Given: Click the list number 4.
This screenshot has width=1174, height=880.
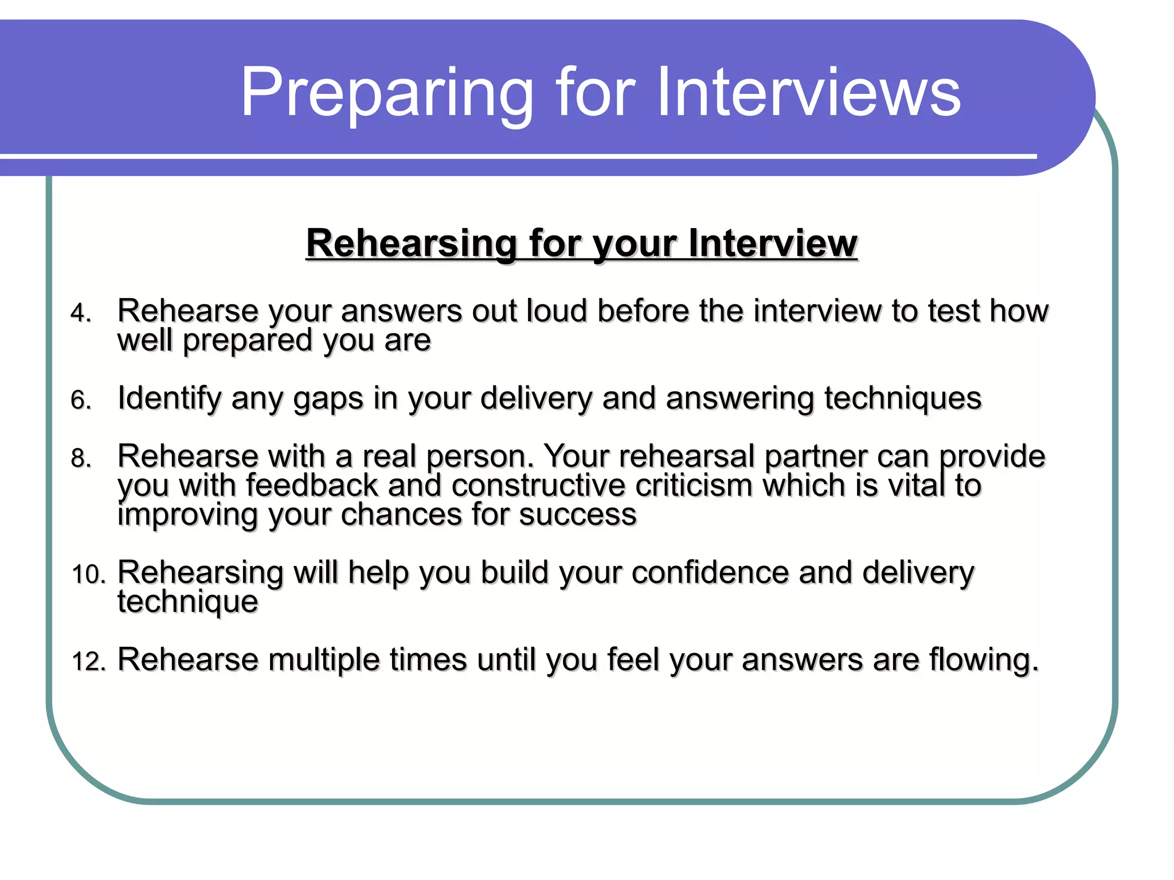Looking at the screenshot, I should [81, 313].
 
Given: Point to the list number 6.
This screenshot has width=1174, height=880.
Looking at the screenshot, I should [81, 400].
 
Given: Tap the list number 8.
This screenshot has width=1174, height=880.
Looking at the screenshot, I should [81, 458].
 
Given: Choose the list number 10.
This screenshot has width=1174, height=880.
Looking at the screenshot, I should [88, 574].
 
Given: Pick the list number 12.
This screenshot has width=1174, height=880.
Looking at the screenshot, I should [88, 661].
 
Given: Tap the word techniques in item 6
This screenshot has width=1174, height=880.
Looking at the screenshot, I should [903, 398].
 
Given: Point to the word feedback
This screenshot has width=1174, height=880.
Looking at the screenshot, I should [312, 485].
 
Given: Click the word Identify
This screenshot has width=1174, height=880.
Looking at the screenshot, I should [169, 399].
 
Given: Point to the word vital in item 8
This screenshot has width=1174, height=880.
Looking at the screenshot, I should [916, 485].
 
